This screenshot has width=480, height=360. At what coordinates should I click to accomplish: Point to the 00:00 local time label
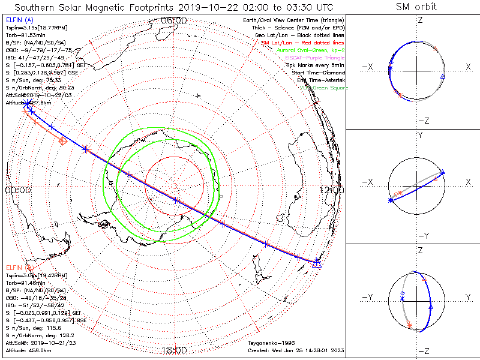click(x=17, y=190)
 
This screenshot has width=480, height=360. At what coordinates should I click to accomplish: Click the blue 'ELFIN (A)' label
click(x=19, y=20)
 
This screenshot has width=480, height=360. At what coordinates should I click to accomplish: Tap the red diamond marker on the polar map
click(x=63, y=140)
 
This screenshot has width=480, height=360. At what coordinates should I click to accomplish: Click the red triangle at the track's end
click(x=318, y=263)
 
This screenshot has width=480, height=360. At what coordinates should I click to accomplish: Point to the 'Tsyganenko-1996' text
click(x=270, y=343)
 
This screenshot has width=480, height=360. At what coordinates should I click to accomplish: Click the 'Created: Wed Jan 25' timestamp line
click(x=296, y=350)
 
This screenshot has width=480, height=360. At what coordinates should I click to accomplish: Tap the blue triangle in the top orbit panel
click(x=443, y=76)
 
